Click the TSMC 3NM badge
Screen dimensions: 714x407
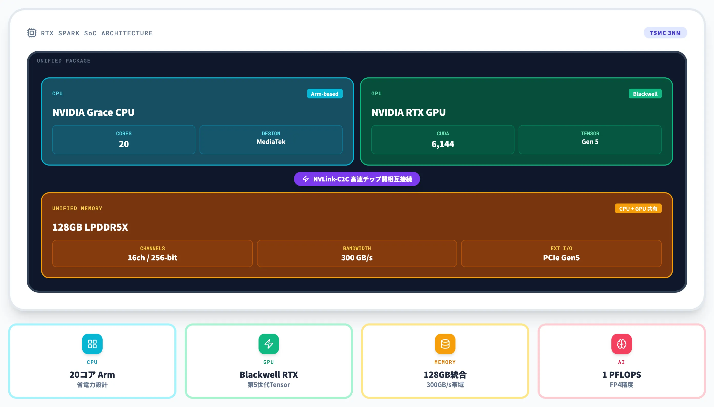[665, 33]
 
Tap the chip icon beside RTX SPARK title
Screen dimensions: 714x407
[32, 33]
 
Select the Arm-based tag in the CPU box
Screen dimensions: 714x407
[325, 94]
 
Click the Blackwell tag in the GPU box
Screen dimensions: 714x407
[645, 94]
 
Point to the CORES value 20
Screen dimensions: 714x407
[124, 144]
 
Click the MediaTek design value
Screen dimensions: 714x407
[271, 142]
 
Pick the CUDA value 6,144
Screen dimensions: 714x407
[443, 144]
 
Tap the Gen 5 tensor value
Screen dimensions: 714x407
[590, 142]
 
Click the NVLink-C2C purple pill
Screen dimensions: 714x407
[357, 179]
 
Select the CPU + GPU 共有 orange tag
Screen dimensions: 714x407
[638, 209]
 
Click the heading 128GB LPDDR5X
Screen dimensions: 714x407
[90, 227]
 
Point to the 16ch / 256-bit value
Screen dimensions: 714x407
[152, 257]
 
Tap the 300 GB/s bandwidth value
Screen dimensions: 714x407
[357, 257]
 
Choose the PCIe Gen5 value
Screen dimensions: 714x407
[561, 257]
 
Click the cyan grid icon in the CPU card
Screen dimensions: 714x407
[92, 344]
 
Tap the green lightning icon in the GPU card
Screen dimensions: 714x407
[269, 344]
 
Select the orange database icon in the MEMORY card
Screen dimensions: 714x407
[445, 344]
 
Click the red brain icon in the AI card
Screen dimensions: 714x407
[621, 344]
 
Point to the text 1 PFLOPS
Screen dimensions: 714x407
[621, 374]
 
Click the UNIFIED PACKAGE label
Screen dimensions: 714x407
[64, 61]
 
